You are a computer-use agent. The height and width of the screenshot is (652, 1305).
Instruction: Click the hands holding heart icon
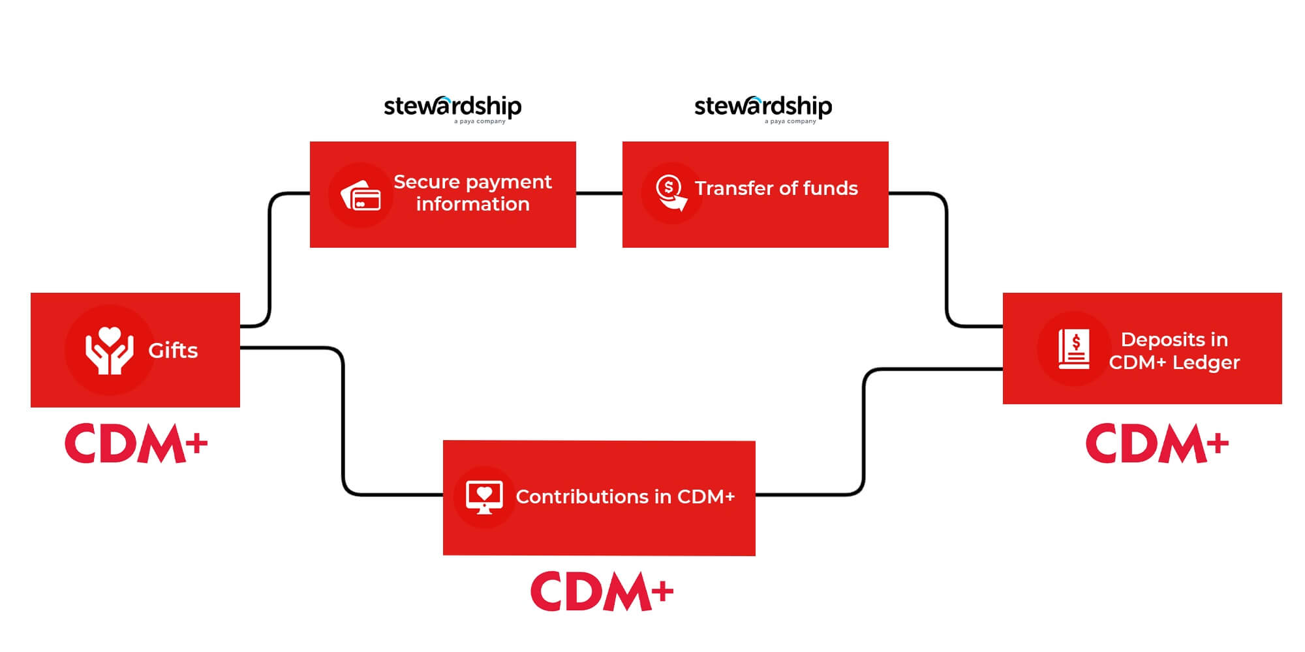pyautogui.click(x=110, y=351)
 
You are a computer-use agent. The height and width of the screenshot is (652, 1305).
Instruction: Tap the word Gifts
pyautogui.click(x=173, y=351)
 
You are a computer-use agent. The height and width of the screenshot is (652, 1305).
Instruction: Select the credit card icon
pyautogui.click(x=361, y=195)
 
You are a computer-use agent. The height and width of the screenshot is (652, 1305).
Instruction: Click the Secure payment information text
pyautogui.click(x=472, y=193)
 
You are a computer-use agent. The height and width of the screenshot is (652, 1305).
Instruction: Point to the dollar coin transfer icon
pyautogui.click(x=671, y=193)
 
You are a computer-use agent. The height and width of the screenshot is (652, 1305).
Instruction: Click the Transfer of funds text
pyautogui.click(x=776, y=188)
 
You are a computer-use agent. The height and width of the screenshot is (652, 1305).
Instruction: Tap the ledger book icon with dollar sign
pyautogui.click(x=1073, y=349)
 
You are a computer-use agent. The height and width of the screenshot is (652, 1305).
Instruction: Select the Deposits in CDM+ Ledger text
pyautogui.click(x=1174, y=351)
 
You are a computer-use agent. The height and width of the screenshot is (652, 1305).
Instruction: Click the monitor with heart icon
pyautogui.click(x=484, y=497)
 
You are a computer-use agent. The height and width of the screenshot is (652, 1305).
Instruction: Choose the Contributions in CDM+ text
pyautogui.click(x=625, y=497)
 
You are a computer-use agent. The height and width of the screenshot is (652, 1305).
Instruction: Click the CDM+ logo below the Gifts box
pyautogui.click(x=136, y=444)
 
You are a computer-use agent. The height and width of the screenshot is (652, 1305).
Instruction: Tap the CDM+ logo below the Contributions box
pyautogui.click(x=602, y=591)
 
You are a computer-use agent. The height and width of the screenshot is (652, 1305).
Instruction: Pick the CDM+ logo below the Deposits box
pyautogui.click(x=1157, y=444)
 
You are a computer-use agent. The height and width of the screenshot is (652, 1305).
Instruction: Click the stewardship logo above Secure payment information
pyautogui.click(x=453, y=108)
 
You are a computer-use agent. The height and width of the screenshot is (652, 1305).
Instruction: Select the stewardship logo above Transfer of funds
pyautogui.click(x=763, y=108)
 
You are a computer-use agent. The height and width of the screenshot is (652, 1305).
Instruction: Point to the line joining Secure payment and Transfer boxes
pyautogui.click(x=599, y=193)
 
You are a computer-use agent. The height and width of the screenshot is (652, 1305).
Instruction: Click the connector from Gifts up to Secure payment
pyautogui.click(x=269, y=261)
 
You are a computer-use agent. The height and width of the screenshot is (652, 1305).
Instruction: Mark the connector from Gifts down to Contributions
pyautogui.click(x=343, y=424)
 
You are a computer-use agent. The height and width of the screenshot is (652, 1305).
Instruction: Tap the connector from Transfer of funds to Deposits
pyautogui.click(x=946, y=261)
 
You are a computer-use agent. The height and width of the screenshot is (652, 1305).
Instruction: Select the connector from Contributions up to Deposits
pyautogui.click(x=864, y=430)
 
